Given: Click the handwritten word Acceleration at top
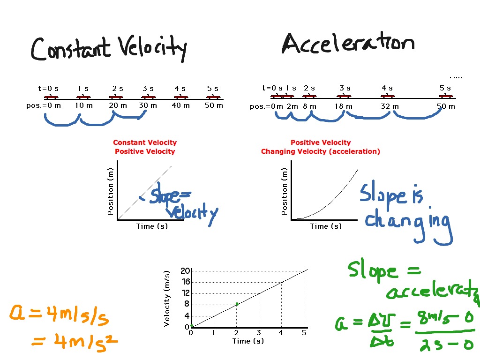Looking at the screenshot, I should click(x=348, y=45).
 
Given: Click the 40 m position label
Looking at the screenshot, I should click(x=180, y=105).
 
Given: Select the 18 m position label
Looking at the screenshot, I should click(x=344, y=106).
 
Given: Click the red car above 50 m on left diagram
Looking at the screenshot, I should click(x=213, y=97).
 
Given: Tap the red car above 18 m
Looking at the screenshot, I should click(x=344, y=97).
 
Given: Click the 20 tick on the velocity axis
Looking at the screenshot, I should click(x=185, y=270).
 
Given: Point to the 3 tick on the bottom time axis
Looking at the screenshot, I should click(x=259, y=333).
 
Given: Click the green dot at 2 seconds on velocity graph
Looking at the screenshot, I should click(x=237, y=304).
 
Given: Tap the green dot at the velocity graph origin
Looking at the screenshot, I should click(x=192, y=326).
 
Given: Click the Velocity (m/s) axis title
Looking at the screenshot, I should click(x=167, y=299).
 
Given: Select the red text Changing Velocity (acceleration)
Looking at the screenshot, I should click(x=321, y=151).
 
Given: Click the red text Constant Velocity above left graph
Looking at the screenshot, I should click(x=145, y=142).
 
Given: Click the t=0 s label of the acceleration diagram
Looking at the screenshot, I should click(x=272, y=88).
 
